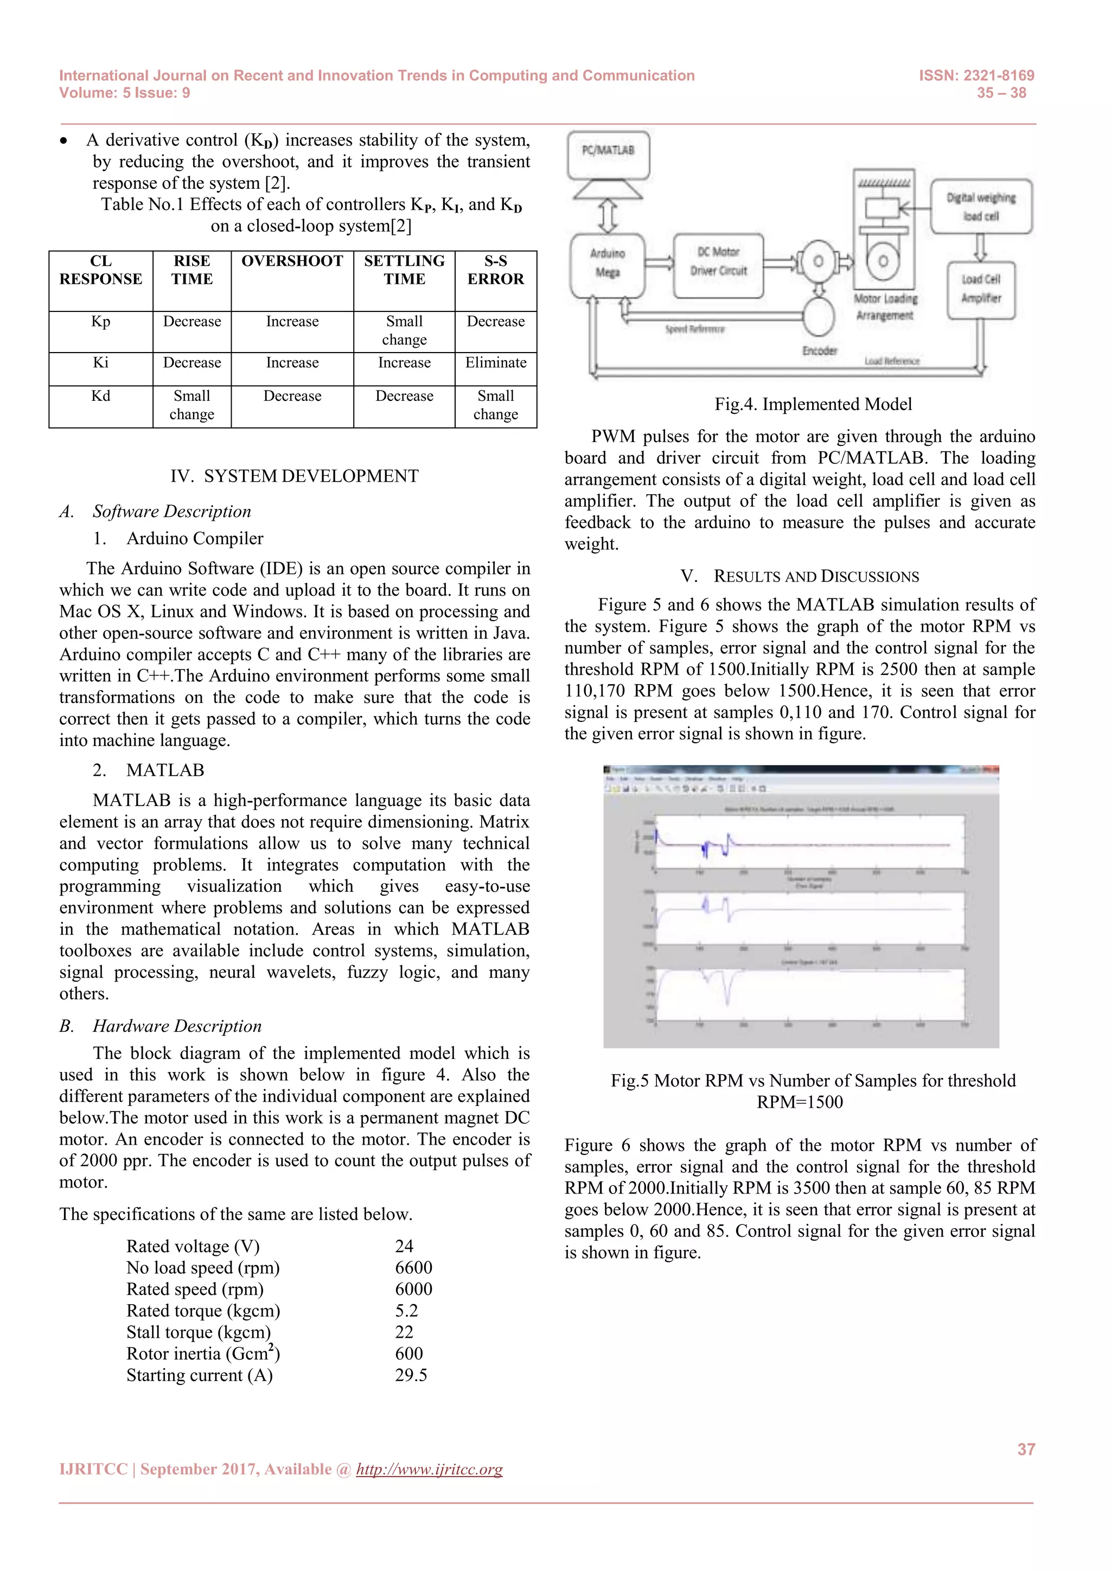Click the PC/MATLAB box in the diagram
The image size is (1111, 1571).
coord(608,154)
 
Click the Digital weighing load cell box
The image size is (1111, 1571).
coord(980,207)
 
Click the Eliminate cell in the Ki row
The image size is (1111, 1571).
coord(495,363)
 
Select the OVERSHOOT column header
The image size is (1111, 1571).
coord(292,261)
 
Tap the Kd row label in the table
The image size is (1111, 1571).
coord(100,396)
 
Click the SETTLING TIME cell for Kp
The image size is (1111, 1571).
coord(404,330)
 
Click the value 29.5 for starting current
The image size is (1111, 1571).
coord(411,1375)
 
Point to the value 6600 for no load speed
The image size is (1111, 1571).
coord(413,1267)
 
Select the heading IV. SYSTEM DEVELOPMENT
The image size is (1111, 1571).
coord(294,476)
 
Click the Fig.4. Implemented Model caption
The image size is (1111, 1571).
coord(813,404)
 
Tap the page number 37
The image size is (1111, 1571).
coord(1025,1449)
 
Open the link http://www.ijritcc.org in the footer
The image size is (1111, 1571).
coord(429,1469)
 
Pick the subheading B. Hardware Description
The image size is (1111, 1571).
coord(161,1026)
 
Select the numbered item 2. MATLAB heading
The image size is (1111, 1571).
coord(149,770)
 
